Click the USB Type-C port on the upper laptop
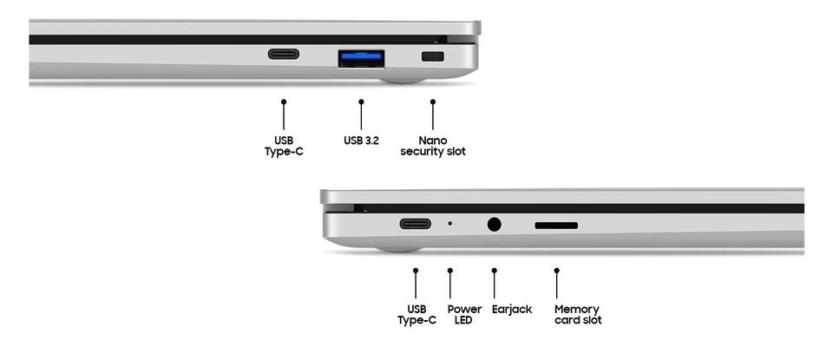[x=283, y=54]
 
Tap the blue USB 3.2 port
[x=361, y=58]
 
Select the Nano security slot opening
[x=432, y=56]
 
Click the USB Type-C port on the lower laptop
[x=416, y=224]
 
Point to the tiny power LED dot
[x=450, y=224]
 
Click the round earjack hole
[x=494, y=224]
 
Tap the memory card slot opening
[x=556, y=226]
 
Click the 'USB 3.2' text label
[x=361, y=141]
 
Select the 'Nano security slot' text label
[x=433, y=146]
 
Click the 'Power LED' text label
[x=464, y=314]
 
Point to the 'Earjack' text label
[x=512, y=309]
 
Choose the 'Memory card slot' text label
[x=578, y=314]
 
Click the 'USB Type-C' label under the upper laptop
[x=284, y=146]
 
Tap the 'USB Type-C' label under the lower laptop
[x=416, y=314]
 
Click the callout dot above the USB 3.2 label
[x=361, y=101]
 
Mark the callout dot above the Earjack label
[x=494, y=271]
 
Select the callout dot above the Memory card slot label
[x=556, y=271]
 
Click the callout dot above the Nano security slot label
[x=432, y=101]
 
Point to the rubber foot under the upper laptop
[x=402, y=80]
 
